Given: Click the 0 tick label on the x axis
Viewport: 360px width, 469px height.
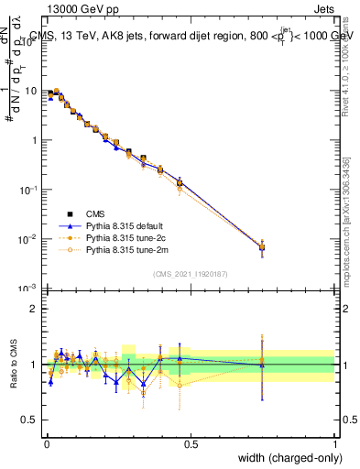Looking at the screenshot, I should (x=46, y=444).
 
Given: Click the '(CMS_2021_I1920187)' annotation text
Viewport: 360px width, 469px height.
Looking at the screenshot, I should (x=190, y=274).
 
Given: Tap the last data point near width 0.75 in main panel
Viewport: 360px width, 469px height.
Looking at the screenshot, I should (x=262, y=247).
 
